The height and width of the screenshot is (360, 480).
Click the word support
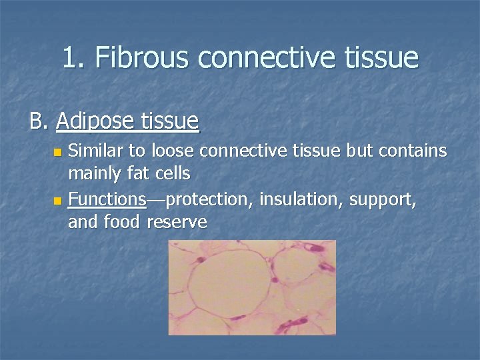coord(385,199)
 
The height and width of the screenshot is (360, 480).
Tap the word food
coord(122,221)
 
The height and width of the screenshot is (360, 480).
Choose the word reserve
coord(177,222)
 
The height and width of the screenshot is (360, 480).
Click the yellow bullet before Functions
coord(58,200)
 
